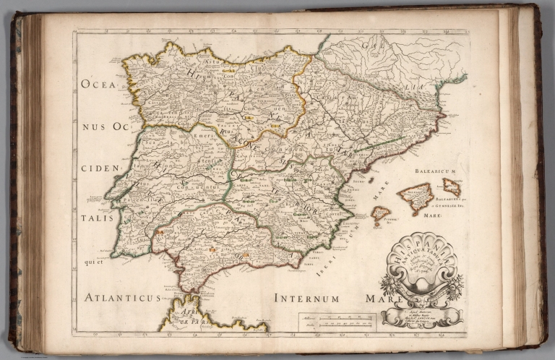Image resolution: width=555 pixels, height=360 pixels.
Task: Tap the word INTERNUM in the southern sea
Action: tap(306, 297)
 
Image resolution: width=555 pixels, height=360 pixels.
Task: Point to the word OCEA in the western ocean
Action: tap(98, 84)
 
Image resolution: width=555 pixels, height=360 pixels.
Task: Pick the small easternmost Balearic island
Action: tap(452, 187)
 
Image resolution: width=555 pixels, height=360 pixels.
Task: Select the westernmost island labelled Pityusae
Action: tap(380, 215)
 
